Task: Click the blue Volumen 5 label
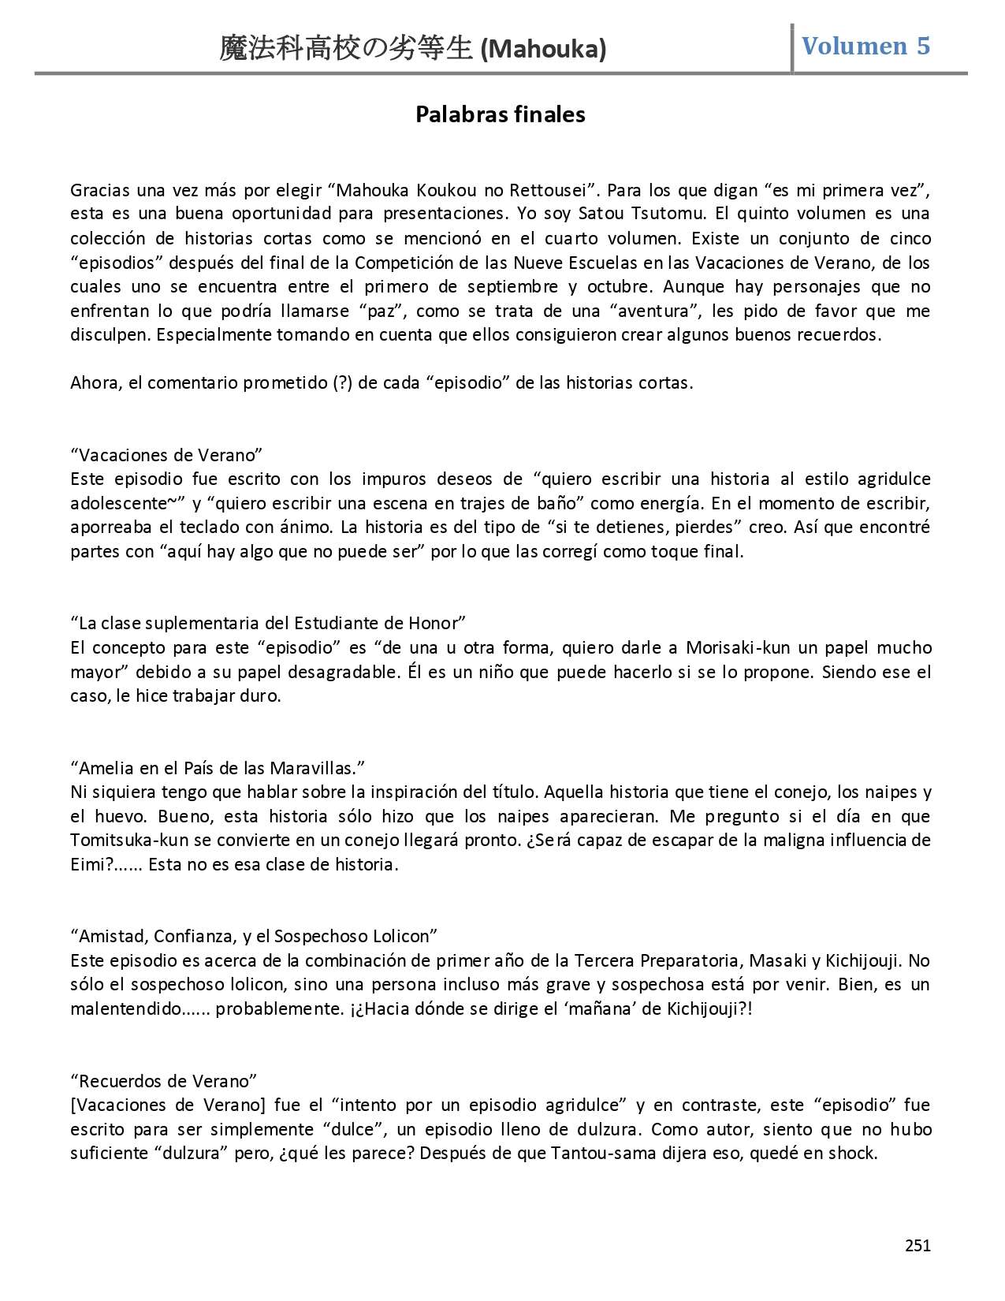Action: click(x=865, y=46)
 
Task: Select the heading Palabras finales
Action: click(x=501, y=114)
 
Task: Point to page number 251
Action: click(x=918, y=1246)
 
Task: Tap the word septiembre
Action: click(x=507, y=286)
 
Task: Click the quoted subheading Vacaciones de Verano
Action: click(x=166, y=455)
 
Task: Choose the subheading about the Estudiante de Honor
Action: click(x=268, y=623)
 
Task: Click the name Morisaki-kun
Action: click(x=732, y=647)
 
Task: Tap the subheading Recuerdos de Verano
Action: click(x=164, y=1080)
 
